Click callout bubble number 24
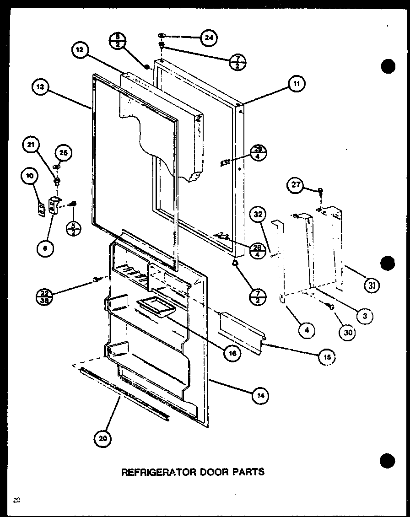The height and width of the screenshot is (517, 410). click(x=209, y=38)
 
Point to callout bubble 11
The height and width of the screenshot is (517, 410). click(x=296, y=84)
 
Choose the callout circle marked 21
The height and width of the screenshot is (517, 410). click(x=31, y=146)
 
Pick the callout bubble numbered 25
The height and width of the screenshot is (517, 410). click(x=64, y=153)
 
